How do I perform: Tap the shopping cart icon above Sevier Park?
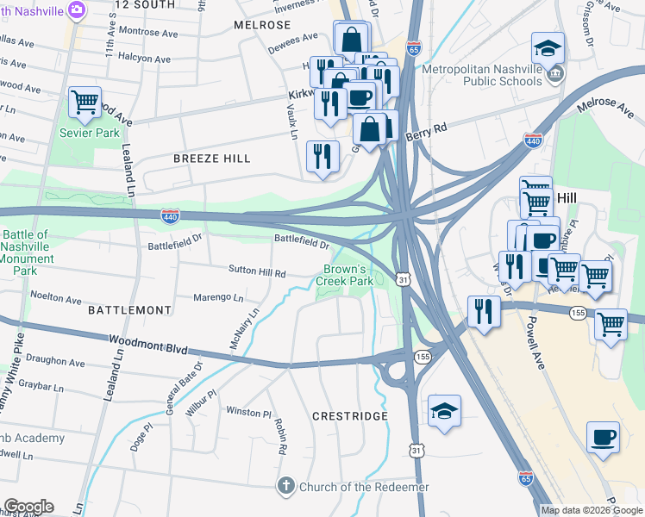[x=85, y=103]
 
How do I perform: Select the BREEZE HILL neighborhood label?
[x=211, y=159]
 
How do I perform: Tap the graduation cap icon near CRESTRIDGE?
[x=444, y=412]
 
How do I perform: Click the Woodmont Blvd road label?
[x=147, y=345]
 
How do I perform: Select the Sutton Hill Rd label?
[x=256, y=272]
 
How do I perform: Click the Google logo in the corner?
[x=28, y=507]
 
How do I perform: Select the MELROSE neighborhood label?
[x=262, y=26]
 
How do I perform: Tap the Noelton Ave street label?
[x=55, y=297]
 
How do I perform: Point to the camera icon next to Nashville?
[x=77, y=9]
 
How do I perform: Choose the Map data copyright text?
[x=592, y=510]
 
